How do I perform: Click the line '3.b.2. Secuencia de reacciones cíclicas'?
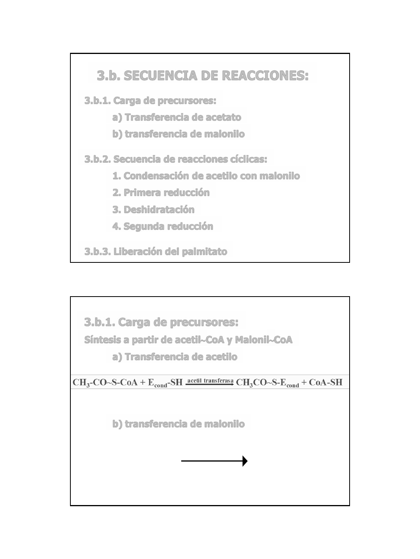point(176,159)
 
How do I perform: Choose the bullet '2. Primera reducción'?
point(161,193)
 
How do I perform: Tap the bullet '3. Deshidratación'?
point(153,210)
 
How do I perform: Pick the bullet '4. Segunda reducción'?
point(163,226)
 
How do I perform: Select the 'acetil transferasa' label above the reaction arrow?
point(210,380)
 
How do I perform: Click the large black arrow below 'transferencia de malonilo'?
point(214,461)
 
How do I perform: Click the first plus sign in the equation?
point(143,382)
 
